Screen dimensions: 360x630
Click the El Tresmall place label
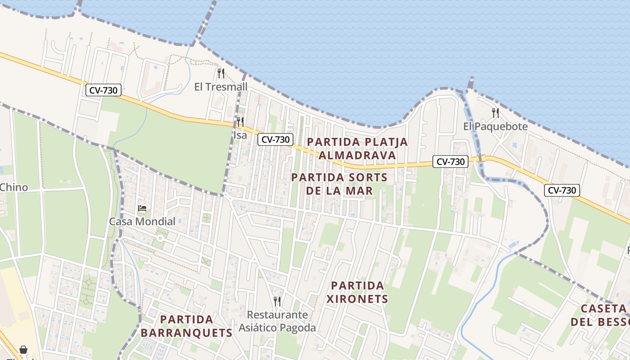[x=221, y=86]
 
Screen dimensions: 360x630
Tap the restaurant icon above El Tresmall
[x=221, y=73]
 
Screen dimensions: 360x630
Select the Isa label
[x=240, y=135]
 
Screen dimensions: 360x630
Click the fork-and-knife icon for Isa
[x=240, y=121]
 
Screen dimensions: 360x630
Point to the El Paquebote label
[x=495, y=126]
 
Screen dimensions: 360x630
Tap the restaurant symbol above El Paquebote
[x=495, y=112]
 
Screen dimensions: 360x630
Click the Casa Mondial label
[x=142, y=221]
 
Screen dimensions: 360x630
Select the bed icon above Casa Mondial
[x=142, y=208]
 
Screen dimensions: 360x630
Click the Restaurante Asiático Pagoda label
[x=277, y=321]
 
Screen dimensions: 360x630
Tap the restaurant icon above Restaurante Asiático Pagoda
[x=277, y=301]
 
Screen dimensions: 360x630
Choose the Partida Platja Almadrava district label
[x=357, y=148]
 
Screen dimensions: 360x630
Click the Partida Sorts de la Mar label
[x=339, y=184]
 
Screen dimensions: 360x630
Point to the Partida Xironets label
[x=357, y=292]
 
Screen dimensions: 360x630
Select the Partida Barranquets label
[x=186, y=326]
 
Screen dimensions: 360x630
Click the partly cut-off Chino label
[x=13, y=187]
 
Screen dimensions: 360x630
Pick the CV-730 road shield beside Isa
[x=275, y=139]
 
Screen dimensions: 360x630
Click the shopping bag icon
[x=23, y=350]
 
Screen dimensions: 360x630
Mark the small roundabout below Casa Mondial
[x=159, y=238]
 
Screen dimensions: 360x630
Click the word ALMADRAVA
[x=357, y=155]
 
